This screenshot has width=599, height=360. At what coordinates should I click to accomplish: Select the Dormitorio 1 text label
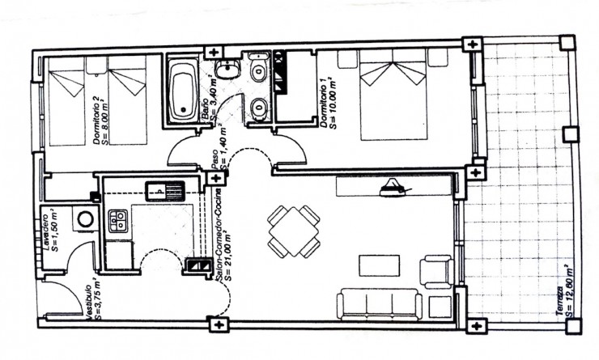(326, 100)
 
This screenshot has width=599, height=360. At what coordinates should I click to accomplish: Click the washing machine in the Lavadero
(83, 218)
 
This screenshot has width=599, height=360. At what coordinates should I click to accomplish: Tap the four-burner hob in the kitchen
(118, 218)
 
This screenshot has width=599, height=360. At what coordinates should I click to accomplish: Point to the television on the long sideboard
(395, 187)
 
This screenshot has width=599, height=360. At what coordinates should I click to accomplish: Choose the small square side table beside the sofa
(438, 307)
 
